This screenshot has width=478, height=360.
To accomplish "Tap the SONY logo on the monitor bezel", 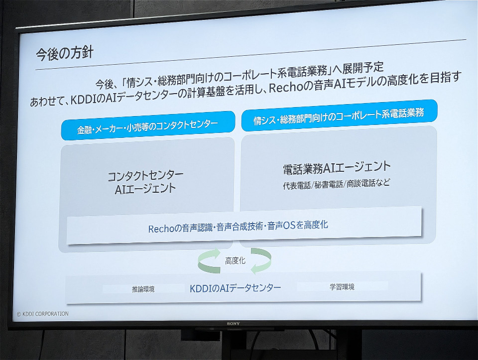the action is pos(233,324).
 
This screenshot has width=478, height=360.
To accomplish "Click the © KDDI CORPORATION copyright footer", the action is pos(42,314).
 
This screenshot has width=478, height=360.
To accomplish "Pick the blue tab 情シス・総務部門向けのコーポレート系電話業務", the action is pos(339,116).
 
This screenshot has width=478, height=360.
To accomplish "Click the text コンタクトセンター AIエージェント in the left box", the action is pos(145,182).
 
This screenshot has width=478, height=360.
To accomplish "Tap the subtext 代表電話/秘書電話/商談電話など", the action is pos(337,184).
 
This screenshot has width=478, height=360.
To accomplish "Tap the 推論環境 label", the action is pos(143,289).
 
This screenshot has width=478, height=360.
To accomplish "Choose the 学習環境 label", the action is pos(342,287).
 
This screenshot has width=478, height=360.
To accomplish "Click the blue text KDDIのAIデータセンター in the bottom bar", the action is pos(236,288).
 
